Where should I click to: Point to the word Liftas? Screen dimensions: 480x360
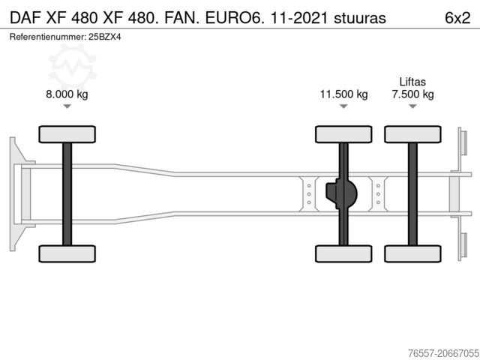pyautogui.click(x=412, y=81)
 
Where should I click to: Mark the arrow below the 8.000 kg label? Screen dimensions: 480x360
pyautogui.click(x=67, y=106)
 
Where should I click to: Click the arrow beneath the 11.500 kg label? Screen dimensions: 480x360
pyautogui.click(x=343, y=106)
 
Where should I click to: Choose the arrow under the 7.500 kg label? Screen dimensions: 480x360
pyautogui.click(x=412, y=106)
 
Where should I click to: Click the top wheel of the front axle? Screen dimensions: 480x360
pyautogui.click(x=67, y=135)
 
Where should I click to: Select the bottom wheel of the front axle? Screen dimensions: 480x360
pyautogui.click(x=67, y=253)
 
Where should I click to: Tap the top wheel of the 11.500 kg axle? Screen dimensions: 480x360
pyautogui.click(x=343, y=135)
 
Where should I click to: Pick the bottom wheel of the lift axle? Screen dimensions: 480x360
pyautogui.click(x=412, y=253)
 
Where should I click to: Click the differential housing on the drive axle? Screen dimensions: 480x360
pyautogui.click(x=341, y=193)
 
